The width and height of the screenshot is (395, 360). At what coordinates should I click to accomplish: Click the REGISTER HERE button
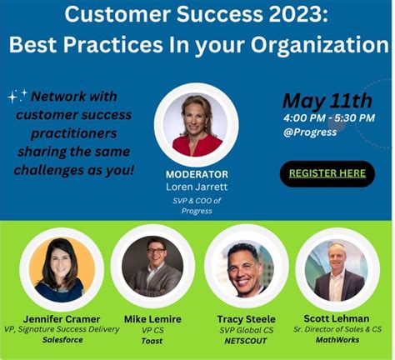[x=327, y=173]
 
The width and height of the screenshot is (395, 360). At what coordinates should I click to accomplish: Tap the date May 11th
[x=327, y=101]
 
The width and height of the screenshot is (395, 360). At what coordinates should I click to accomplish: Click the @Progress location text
[x=311, y=132]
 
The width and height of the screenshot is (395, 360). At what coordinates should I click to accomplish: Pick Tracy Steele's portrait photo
[x=245, y=268]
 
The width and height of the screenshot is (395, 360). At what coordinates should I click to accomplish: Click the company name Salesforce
[x=62, y=341]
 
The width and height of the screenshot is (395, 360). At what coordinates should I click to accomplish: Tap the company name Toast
[x=152, y=341]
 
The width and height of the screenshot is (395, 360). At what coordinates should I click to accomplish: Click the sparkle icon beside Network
[x=16, y=97]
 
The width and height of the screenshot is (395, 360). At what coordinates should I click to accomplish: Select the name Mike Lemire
[x=152, y=317]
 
